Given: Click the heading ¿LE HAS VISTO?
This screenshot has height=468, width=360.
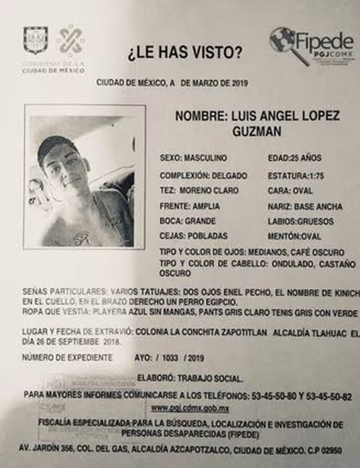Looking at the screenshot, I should click(x=185, y=54).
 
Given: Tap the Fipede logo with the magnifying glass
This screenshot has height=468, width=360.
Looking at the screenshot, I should click(x=311, y=45).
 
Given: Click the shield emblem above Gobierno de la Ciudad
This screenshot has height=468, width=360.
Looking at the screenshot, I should click(x=36, y=40).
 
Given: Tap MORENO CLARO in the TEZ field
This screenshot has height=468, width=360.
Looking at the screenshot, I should click(x=209, y=191).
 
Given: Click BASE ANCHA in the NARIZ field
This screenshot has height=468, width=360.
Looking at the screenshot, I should click(x=318, y=207).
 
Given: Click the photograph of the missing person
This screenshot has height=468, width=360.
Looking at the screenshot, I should click(x=85, y=177).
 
